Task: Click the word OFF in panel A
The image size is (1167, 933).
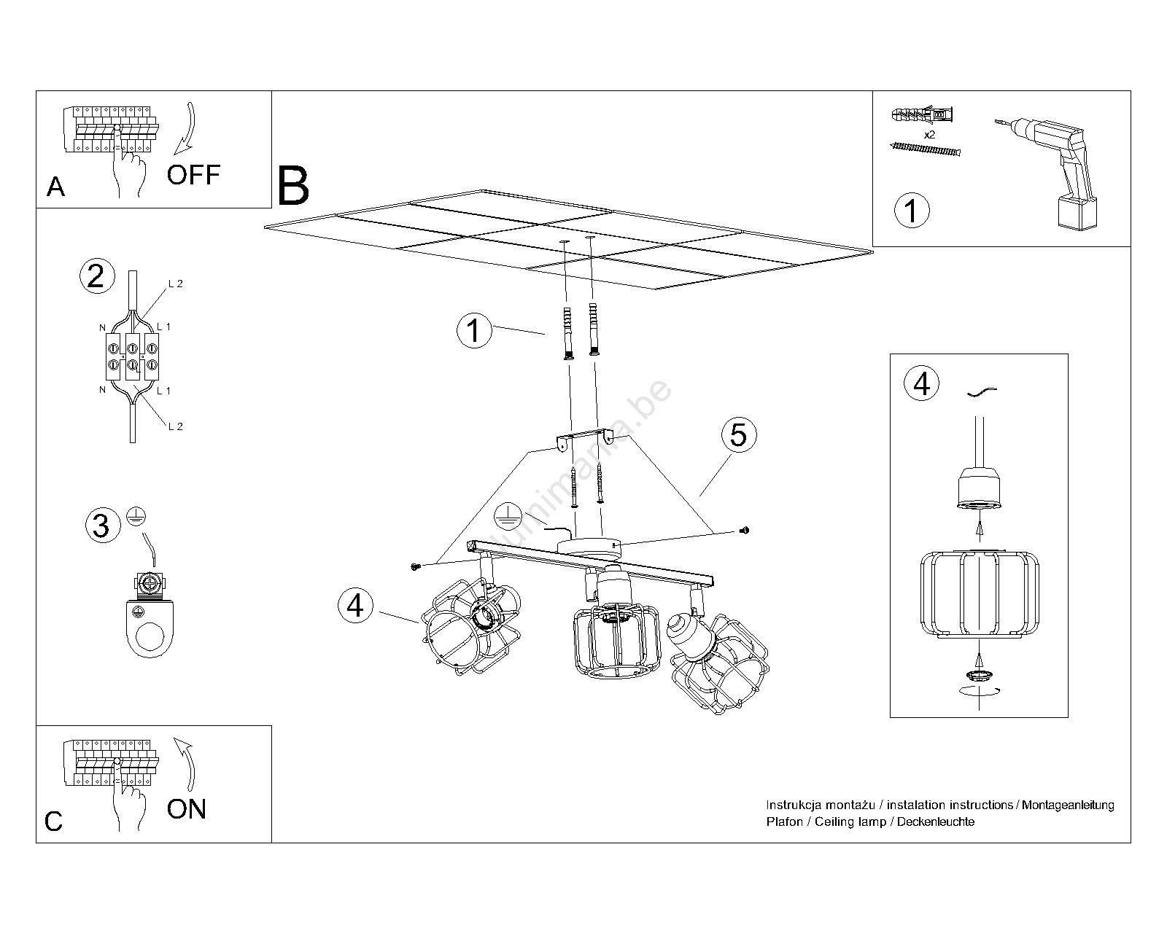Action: [193, 175]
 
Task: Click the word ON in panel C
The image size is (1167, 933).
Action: [187, 809]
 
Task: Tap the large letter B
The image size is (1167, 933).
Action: [293, 187]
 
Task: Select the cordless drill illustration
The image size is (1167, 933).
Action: [1050, 171]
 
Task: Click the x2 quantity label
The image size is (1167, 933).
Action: [929, 136]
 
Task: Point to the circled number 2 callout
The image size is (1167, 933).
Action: [96, 276]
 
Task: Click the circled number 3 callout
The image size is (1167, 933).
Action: [101, 526]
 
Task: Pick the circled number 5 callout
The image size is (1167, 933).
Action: [738, 435]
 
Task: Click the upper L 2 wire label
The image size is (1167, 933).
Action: [175, 284]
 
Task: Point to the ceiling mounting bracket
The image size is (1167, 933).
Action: [584, 439]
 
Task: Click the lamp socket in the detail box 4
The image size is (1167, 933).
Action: [978, 489]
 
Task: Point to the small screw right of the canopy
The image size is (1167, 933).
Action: [743, 530]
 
